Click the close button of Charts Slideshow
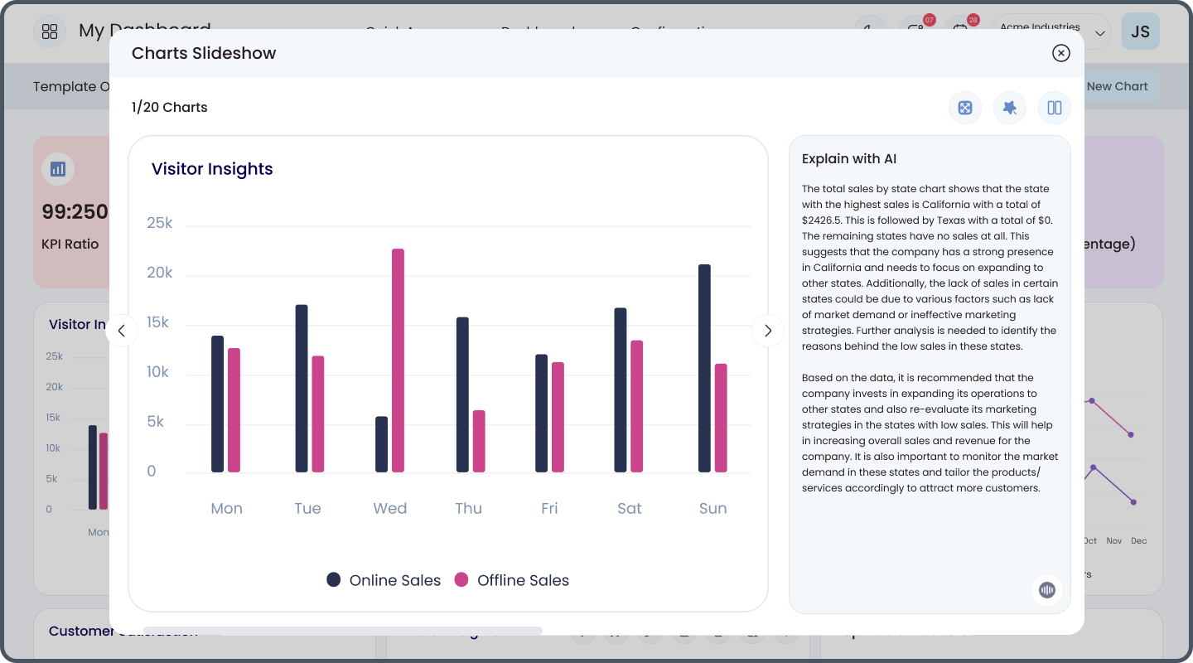point(1060,53)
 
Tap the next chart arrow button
point(767,331)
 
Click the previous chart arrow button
point(122,331)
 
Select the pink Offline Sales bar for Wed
point(398,361)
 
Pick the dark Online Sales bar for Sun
point(704,368)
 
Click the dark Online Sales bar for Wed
point(381,444)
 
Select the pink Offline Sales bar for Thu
point(479,441)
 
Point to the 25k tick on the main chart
point(159,223)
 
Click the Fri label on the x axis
point(549,508)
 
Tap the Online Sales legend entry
point(384,580)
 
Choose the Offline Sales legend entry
point(512,580)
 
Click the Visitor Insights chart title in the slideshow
point(212,169)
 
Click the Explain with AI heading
point(849,159)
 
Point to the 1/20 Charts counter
point(170,107)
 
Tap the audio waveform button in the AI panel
point(1047,589)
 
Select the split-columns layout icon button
point(1055,108)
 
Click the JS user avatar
point(1140,31)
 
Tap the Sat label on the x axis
point(630,508)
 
